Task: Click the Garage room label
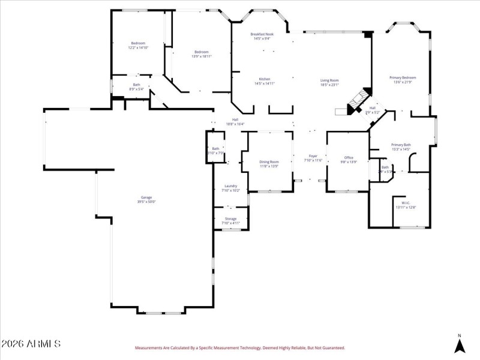pos(146,197)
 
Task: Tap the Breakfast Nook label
pos(262,35)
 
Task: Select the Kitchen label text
pos(265,79)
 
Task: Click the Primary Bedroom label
pos(403,77)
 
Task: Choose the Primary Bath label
pos(401,145)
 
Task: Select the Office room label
pos(349,158)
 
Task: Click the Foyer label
pos(313,156)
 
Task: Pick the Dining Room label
pos(269,161)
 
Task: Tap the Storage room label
pos(230,218)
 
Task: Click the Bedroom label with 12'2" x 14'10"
pos(138,43)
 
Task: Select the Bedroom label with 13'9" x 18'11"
pos(202,52)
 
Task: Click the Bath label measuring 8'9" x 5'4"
pos(136,85)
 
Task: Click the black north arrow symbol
pos(460,346)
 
